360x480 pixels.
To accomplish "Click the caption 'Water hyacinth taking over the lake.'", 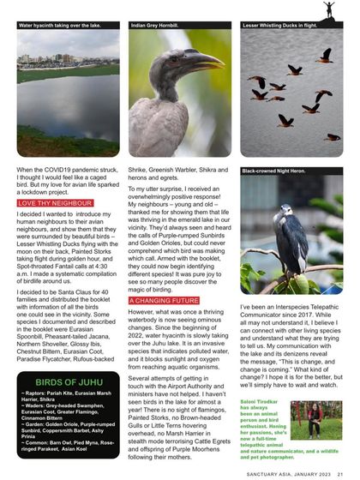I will click(x=59, y=26).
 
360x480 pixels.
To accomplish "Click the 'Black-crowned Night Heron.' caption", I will click(x=273, y=171).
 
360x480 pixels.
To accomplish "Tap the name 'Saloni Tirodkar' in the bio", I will click(x=261, y=400).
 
